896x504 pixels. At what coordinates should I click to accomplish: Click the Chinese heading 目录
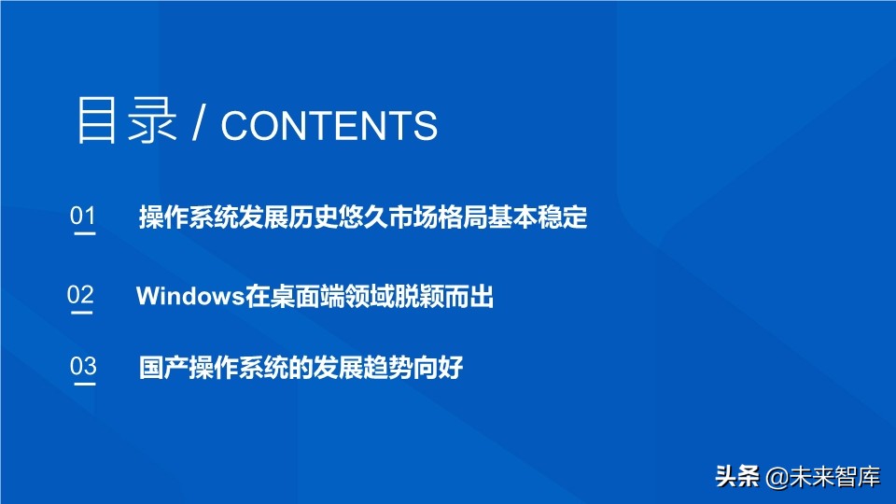[x=126, y=122]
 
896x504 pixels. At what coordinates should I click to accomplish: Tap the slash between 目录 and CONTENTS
[x=199, y=125]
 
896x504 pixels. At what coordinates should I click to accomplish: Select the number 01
[x=83, y=217]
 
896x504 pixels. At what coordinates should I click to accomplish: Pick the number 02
[x=80, y=295]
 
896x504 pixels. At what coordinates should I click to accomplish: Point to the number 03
[x=83, y=366]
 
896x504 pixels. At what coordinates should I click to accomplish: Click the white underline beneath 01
[x=84, y=234]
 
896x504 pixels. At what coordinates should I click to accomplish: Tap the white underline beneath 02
[x=82, y=313]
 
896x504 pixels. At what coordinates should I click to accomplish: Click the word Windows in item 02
[x=190, y=297]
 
